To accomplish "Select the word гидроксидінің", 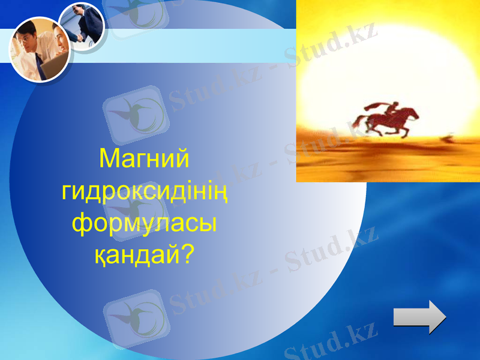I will pyautogui.click(x=145, y=193).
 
